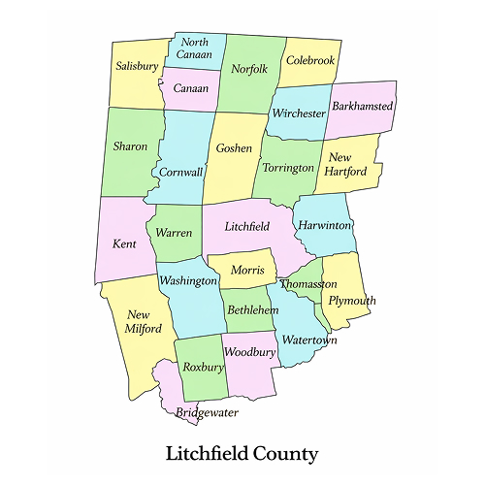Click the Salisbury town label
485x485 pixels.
[x=137, y=67]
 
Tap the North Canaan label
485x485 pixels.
[x=194, y=48]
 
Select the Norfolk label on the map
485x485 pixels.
[x=249, y=69]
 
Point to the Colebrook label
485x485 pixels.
[x=310, y=60]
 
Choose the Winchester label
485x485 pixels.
[x=298, y=113]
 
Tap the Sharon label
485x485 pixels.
[x=131, y=146]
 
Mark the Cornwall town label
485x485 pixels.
[x=181, y=172]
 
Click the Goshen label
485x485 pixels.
[x=234, y=148]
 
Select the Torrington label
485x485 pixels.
[x=288, y=168]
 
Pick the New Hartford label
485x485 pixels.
[x=347, y=165]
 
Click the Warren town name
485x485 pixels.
[x=174, y=233]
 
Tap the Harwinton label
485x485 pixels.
[x=325, y=224]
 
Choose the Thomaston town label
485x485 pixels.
[x=308, y=285]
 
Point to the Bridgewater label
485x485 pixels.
[x=207, y=412]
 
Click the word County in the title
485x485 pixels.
[x=282, y=453]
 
